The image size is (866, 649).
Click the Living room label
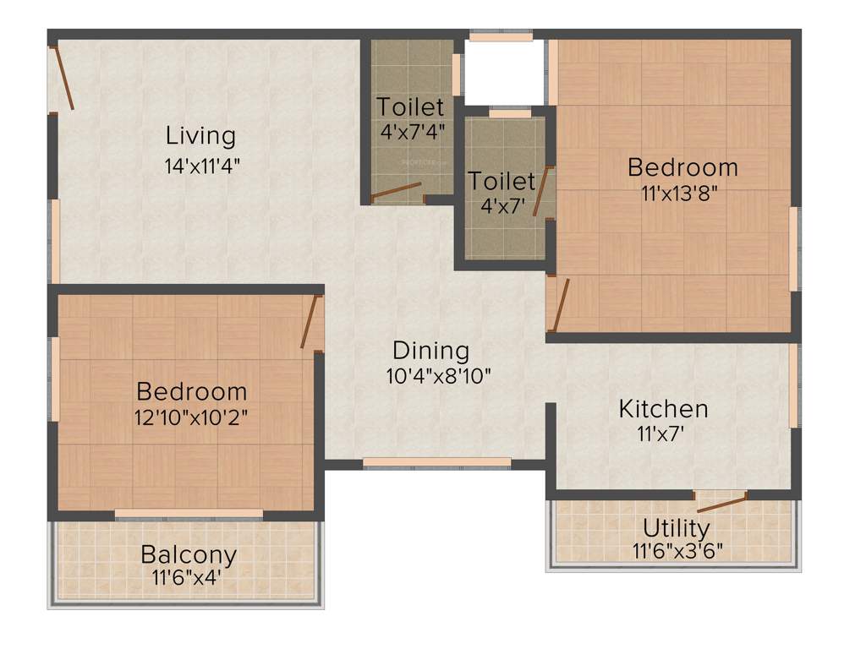tap(200, 135)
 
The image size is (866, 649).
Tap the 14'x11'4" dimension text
tap(203, 166)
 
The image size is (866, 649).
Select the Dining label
tap(430, 350)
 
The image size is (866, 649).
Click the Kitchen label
tap(664, 409)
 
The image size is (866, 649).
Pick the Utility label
tap(677, 528)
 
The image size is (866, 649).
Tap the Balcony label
tap(189, 555)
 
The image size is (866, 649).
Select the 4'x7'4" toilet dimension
tap(410, 132)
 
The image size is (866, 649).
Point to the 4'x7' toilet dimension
tap(502, 205)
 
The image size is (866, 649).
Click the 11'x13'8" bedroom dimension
tap(682, 193)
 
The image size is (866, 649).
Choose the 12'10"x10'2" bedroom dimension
tap(192, 417)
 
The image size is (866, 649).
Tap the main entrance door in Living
tap(63, 78)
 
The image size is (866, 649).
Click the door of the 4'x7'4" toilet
tap(396, 192)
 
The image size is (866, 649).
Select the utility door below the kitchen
tap(721, 504)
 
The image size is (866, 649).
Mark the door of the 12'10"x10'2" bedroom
tap(310, 321)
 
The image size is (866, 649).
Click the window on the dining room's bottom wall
tap(437, 462)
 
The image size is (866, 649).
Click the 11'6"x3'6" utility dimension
tap(677, 552)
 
